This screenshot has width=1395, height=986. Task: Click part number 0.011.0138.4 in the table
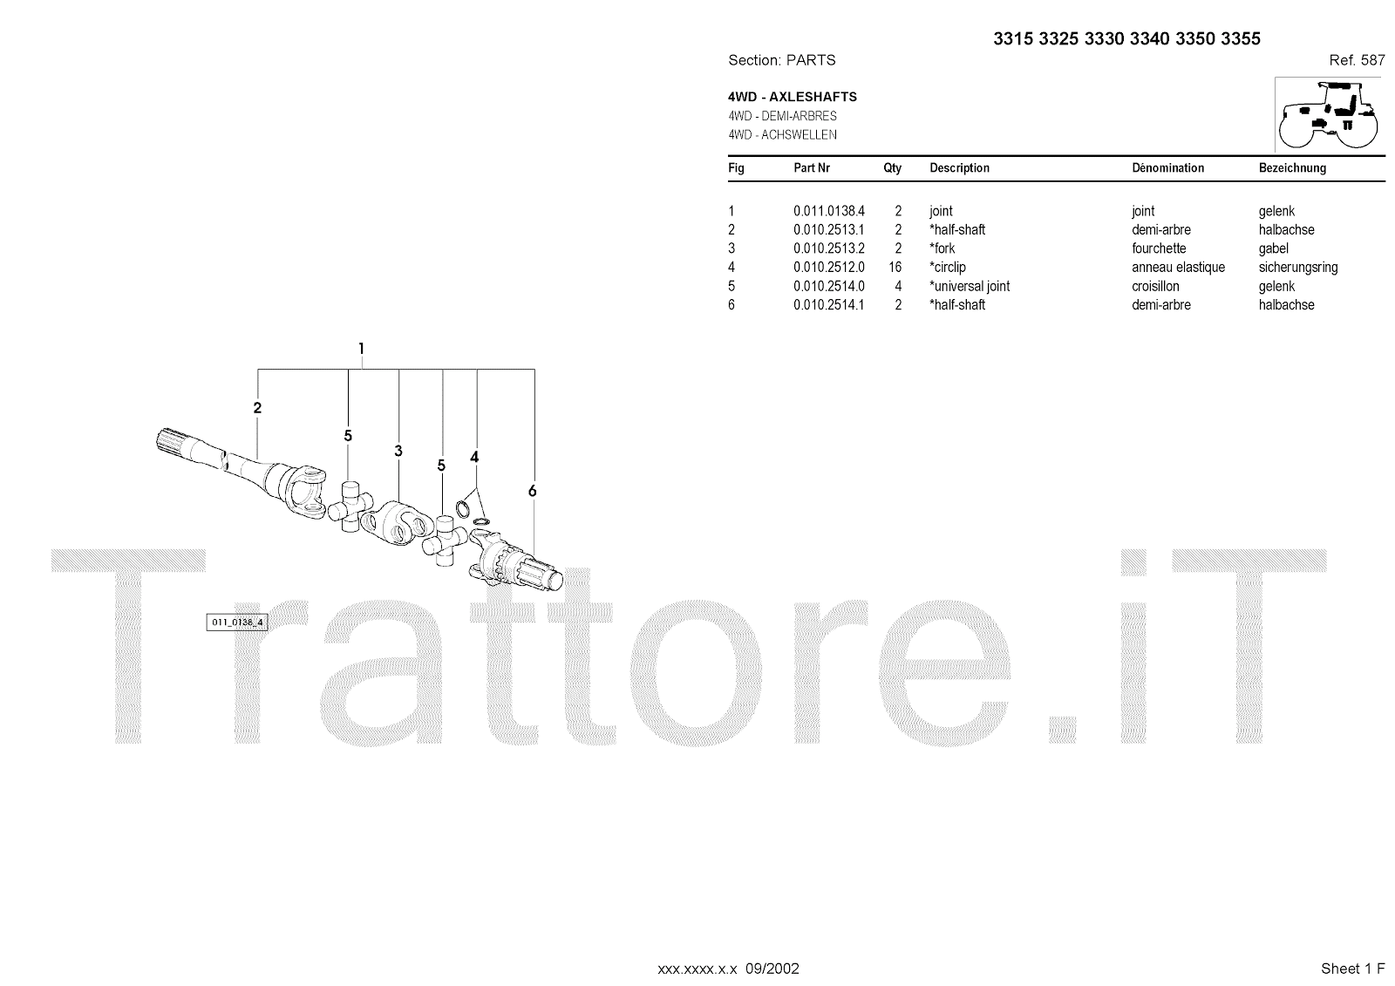pyautogui.click(x=828, y=211)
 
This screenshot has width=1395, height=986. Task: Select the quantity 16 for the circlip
pyautogui.click(x=895, y=268)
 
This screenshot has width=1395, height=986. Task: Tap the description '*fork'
pyautogui.click(x=942, y=248)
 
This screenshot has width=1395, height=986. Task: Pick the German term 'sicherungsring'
pyautogui.click(x=1297, y=268)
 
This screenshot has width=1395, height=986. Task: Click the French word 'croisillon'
pyautogui.click(x=1155, y=286)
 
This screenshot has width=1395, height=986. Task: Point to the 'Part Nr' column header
pyautogui.click(x=812, y=168)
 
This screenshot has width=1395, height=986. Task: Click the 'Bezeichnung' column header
pyautogui.click(x=1292, y=168)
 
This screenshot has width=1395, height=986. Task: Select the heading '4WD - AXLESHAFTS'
pyautogui.click(x=793, y=97)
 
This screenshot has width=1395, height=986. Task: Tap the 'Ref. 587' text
pyautogui.click(x=1357, y=60)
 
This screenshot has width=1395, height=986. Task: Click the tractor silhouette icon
pyautogui.click(x=1328, y=114)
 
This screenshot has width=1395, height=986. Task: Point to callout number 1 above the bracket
pyautogui.click(x=361, y=349)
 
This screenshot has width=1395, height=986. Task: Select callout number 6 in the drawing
pyautogui.click(x=532, y=491)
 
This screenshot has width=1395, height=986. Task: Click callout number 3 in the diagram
pyautogui.click(x=398, y=451)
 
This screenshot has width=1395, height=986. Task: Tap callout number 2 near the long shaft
pyautogui.click(x=257, y=407)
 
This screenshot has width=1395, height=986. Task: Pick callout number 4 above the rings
pyautogui.click(x=474, y=457)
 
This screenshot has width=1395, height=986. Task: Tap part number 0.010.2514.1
pyautogui.click(x=828, y=305)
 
